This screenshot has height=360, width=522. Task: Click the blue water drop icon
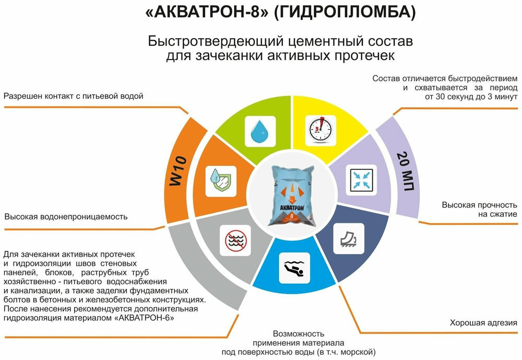[x=260, y=131]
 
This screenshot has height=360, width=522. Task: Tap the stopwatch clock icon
[x=321, y=130]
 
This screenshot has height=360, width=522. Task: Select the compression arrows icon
[x=362, y=180]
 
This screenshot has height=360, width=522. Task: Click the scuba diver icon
[x=294, y=268]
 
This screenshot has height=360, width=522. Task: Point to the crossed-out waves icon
[x=235, y=240]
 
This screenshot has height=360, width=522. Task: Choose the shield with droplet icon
[x=221, y=181]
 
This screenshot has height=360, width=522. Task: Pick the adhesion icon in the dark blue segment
[x=349, y=239]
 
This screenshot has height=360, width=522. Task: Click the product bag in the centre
[x=292, y=195]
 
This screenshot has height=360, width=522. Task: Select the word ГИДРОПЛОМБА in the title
[x=344, y=12]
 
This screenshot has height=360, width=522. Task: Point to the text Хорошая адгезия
[x=483, y=323]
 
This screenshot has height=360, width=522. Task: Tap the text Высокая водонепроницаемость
[x=66, y=217]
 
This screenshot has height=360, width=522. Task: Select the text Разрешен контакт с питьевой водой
[x=73, y=96]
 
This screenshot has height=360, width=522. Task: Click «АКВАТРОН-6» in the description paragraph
[x=144, y=318]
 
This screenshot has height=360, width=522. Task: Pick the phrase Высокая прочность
[x=479, y=205]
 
